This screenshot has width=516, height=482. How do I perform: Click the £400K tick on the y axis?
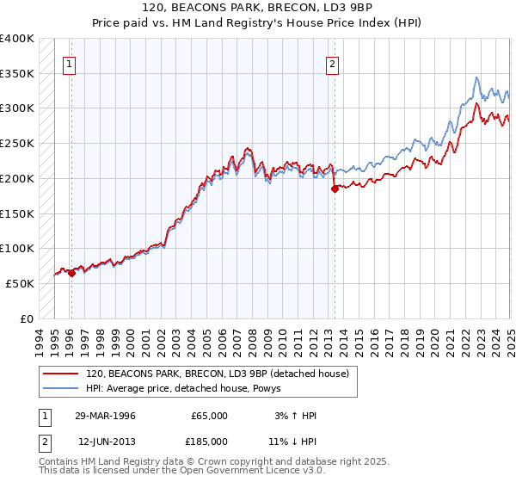(x=17, y=39)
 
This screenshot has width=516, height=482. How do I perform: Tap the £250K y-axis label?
(x=17, y=144)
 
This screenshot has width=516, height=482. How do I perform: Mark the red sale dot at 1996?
(x=71, y=274)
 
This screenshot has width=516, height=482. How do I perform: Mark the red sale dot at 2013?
(x=335, y=189)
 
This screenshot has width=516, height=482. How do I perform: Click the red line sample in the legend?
(x=60, y=374)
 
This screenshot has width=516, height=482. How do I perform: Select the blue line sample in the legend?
(x=60, y=389)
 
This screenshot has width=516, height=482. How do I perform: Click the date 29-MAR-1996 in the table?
(x=107, y=416)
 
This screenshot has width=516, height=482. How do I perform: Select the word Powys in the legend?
(x=282, y=389)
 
